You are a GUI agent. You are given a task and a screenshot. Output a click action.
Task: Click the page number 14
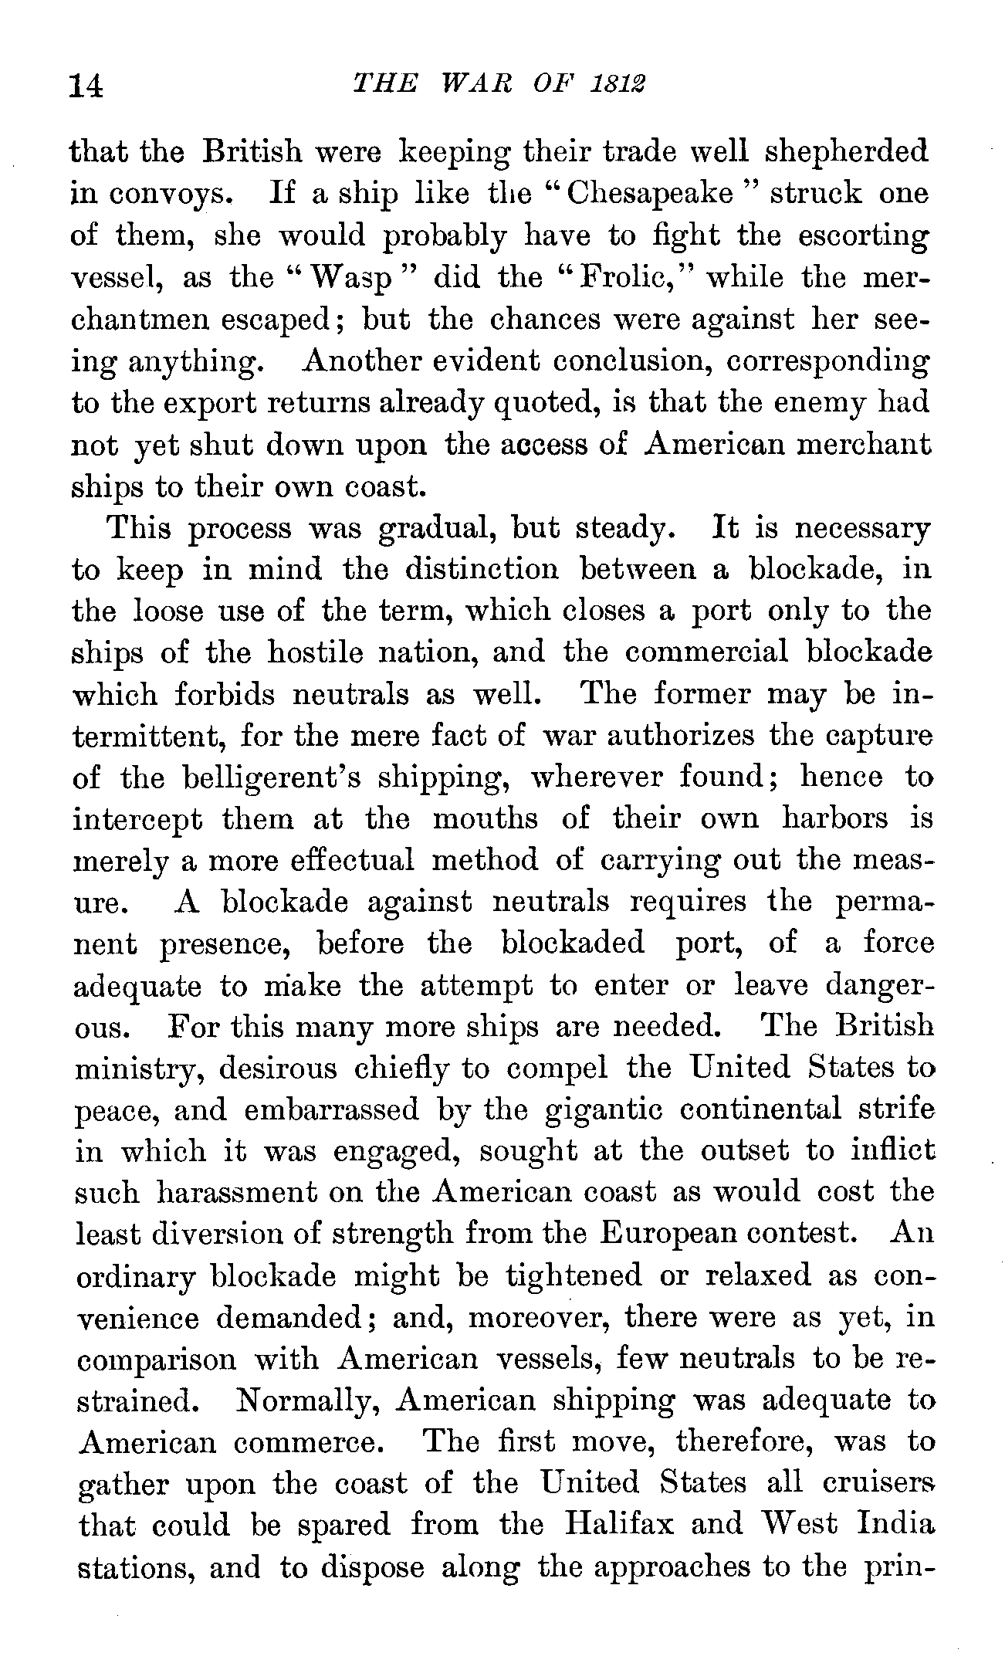(x=86, y=86)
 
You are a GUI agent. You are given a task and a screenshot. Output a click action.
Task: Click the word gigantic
(x=602, y=1110)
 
